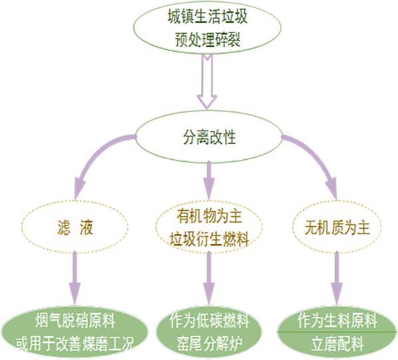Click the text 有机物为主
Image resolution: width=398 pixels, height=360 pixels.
point(208,217)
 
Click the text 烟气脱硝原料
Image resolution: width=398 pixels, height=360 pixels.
point(74,323)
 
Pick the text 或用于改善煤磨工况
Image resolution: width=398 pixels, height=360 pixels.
point(74,344)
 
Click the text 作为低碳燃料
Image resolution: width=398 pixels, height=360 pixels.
point(208,323)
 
